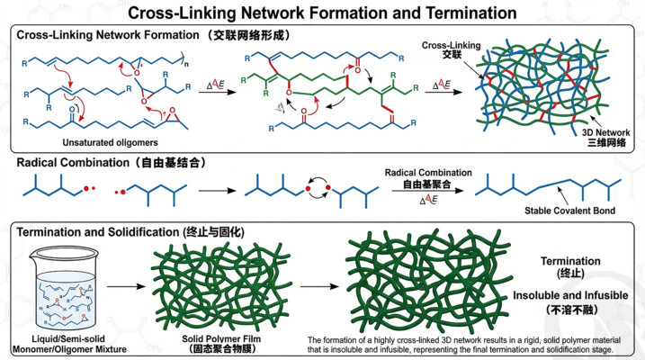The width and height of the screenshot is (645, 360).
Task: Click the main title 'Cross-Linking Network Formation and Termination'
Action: coord(322,13)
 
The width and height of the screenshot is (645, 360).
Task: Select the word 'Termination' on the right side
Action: coord(569,261)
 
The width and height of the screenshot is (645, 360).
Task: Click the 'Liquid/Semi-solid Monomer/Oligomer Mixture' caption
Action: coord(57,342)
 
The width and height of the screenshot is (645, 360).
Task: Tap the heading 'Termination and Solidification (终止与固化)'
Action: coord(134,231)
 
